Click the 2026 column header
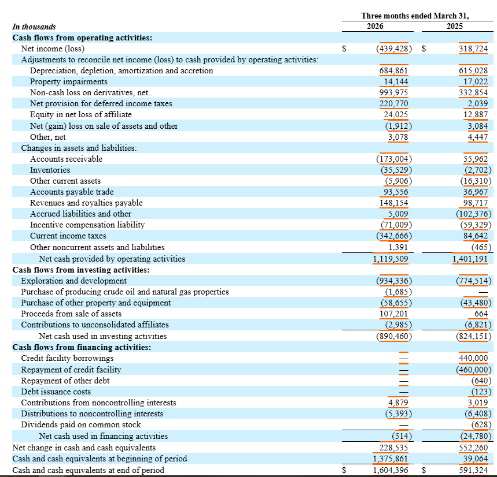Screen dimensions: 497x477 (x=375, y=26)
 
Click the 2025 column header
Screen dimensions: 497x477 (x=455, y=26)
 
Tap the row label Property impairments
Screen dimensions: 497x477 (x=69, y=81)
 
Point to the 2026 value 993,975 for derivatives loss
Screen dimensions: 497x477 (x=393, y=92)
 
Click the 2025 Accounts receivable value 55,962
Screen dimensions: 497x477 (x=476, y=159)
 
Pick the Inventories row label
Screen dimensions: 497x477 (x=50, y=170)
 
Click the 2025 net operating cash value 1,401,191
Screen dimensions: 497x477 (x=470, y=259)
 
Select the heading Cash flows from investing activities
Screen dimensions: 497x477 (x=81, y=270)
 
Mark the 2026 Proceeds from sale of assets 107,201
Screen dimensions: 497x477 (x=393, y=314)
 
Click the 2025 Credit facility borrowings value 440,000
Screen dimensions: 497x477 (x=473, y=358)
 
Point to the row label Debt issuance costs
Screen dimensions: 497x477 (x=56, y=392)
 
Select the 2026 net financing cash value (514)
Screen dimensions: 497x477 (x=402, y=436)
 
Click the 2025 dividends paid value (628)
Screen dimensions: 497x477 (x=481, y=424)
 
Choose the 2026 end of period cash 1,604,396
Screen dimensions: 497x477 (x=391, y=470)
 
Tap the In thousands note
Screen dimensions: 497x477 (x=34, y=27)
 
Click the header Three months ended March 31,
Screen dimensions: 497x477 (x=415, y=16)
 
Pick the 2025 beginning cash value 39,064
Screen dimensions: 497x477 (x=476, y=459)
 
